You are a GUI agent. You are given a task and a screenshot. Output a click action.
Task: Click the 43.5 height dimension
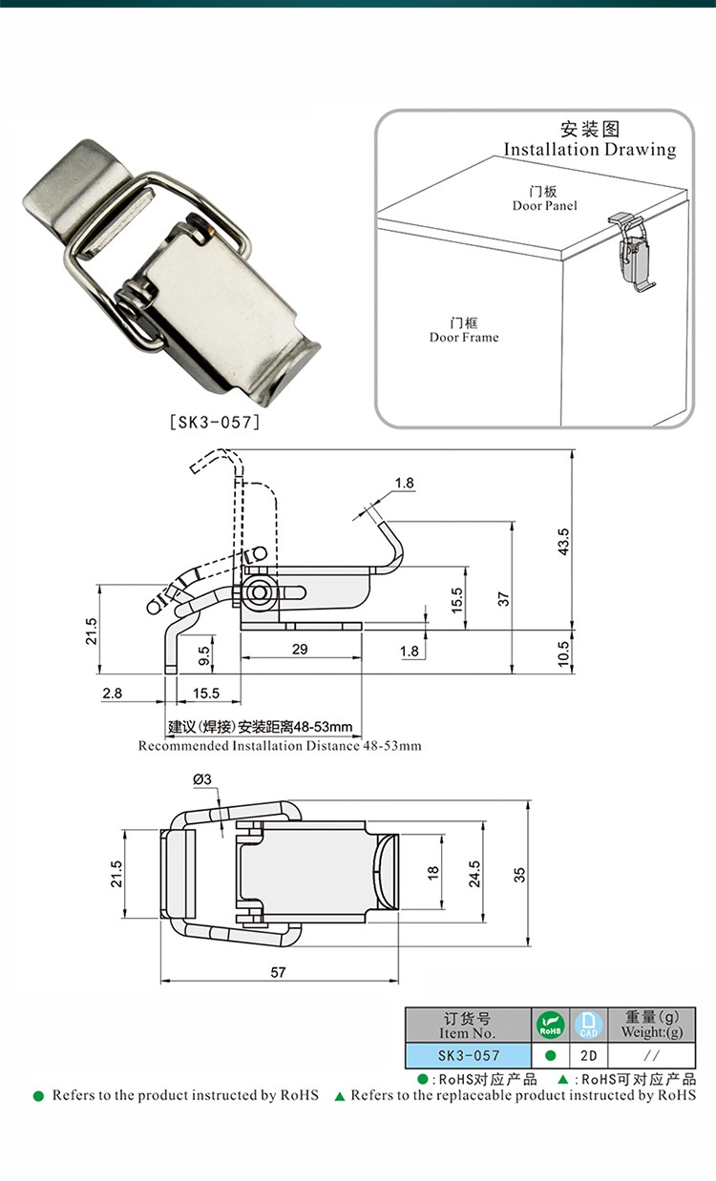564,541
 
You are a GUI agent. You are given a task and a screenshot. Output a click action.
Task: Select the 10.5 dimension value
564,653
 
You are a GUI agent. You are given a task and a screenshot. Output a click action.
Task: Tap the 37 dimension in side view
503,599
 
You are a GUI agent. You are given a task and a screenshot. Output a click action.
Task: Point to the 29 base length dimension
300,649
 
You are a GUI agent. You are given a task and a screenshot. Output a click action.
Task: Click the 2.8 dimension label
113,694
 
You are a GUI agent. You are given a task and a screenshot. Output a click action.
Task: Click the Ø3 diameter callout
201,779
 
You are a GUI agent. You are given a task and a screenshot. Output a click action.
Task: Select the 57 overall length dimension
278,972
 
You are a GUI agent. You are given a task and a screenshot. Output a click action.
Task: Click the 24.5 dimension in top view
475,874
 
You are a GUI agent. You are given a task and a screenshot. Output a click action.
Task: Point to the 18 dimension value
432,873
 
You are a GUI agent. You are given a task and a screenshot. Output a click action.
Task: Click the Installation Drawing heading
589,149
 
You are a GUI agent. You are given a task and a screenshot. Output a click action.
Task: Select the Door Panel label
544,205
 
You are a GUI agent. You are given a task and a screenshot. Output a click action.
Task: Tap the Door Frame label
463,337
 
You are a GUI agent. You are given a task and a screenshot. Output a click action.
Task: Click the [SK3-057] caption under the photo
214,421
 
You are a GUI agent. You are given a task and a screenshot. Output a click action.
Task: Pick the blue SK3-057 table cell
468,1056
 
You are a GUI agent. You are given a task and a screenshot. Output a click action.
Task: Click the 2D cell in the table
588,1056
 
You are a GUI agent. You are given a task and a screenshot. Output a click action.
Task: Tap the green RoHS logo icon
551,1026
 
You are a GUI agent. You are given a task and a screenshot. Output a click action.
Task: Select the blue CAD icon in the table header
588,1026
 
